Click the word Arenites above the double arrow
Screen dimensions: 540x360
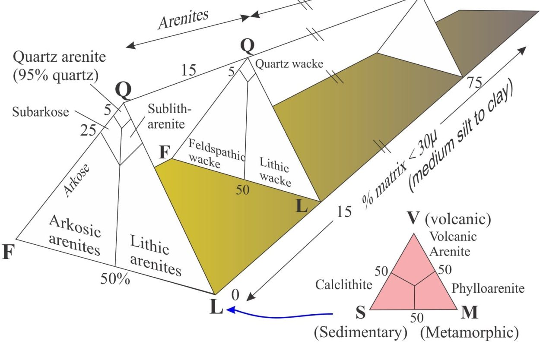coord(184,19)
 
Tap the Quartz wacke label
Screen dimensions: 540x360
coord(289,64)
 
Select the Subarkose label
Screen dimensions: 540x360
coord(41,112)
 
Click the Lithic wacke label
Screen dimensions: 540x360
coord(275,172)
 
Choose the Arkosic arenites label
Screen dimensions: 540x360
coord(75,235)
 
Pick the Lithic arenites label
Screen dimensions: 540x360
coord(156,255)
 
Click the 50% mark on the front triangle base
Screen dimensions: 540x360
coord(115,278)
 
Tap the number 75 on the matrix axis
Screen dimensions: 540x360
coord(475,82)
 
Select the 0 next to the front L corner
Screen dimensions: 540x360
coord(235,295)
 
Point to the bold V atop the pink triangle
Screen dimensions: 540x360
coord(413,218)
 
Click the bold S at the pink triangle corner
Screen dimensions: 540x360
coord(361,313)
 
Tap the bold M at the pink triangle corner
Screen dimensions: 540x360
coord(469,313)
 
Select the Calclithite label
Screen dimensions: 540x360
coord(344,284)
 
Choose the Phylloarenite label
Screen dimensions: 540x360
coord(488,288)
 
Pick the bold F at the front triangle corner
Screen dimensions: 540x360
coord(9,252)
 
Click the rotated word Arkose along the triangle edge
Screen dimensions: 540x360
coord(76,180)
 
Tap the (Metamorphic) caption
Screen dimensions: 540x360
coord(469,332)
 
